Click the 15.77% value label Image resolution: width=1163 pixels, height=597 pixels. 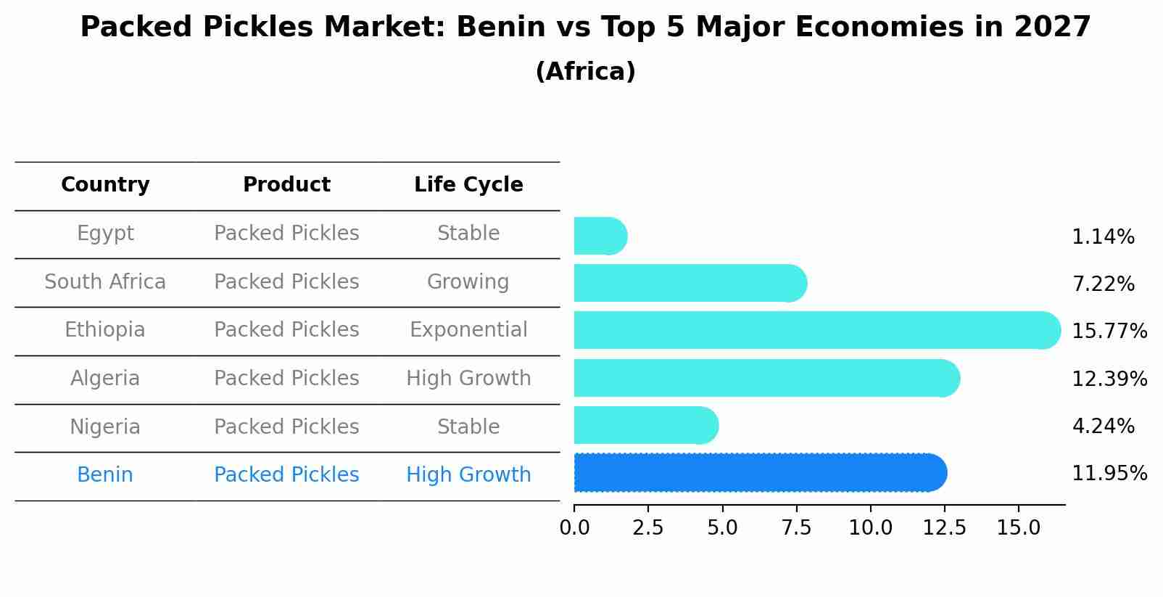tap(1109, 332)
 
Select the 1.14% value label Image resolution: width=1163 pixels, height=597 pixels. tap(1103, 237)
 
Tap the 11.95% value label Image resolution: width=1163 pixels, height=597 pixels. tap(1109, 474)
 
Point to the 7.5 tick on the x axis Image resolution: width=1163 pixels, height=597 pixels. tap(796, 528)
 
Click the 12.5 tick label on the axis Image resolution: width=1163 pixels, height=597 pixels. tap(944, 528)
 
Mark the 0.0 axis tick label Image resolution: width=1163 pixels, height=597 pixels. tap(574, 528)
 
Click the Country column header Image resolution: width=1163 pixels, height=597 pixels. tap(105, 185)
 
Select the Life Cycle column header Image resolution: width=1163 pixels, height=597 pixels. tap(468, 185)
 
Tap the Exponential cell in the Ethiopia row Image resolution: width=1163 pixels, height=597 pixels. tap(468, 330)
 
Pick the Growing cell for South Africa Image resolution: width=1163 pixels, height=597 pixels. tap(468, 281)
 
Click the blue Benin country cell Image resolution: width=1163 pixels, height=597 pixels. tap(105, 475)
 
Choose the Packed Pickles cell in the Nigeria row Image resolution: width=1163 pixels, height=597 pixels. tap(286, 427)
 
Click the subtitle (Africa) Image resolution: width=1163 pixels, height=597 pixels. tap(585, 72)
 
